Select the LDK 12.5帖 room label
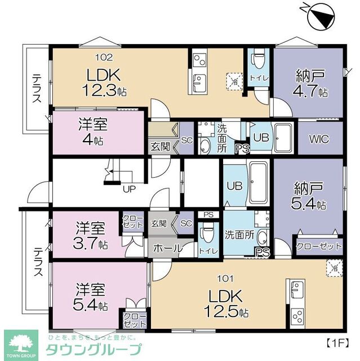225,302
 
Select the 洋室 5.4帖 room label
92,297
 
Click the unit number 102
104,57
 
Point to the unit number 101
225,278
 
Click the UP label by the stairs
128,188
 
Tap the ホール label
167,248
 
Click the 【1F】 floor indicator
339,342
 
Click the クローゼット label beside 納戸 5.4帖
318,246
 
